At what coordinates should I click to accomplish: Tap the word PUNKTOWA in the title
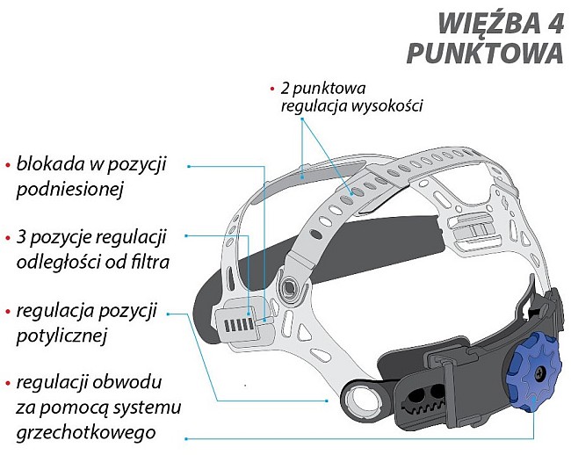click(484, 53)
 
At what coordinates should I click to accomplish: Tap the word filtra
click(147, 263)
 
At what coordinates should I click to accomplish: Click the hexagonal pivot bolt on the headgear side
click(285, 286)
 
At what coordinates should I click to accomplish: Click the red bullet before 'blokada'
click(8, 165)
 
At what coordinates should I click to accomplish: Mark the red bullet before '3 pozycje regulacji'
click(8, 238)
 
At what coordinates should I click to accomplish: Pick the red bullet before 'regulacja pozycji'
click(8, 312)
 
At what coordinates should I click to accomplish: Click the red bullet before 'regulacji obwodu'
click(8, 384)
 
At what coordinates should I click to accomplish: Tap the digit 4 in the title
click(552, 20)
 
